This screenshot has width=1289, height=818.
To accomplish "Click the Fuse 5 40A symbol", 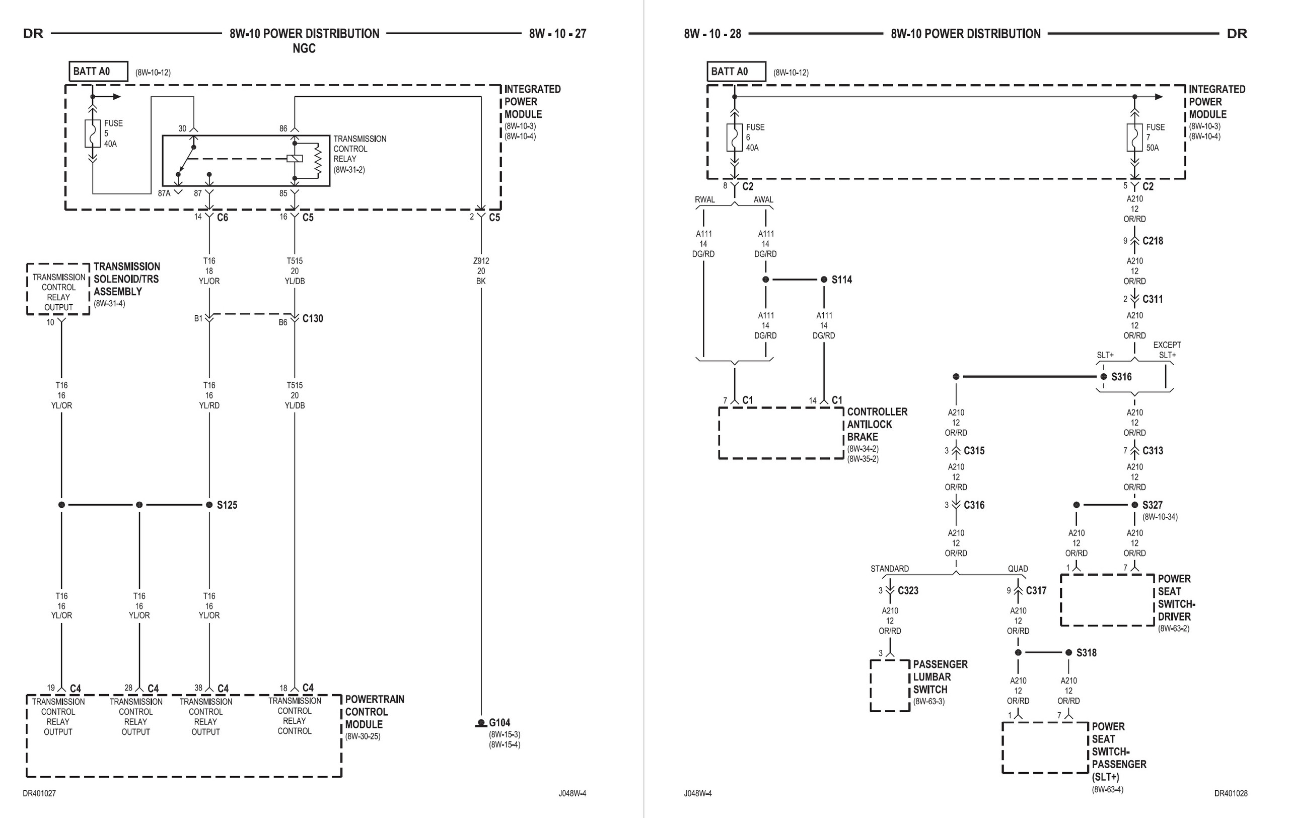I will pos(93,134).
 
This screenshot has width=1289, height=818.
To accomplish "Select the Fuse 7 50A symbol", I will pos(1134,138).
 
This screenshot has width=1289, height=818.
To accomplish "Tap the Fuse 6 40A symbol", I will pos(735,138).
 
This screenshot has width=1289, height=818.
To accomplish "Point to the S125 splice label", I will pos(227,505).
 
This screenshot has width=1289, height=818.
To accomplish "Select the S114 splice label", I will pos(841,280).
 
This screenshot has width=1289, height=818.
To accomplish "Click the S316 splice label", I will pos(1121,377).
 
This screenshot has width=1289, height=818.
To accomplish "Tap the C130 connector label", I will pos(313,318).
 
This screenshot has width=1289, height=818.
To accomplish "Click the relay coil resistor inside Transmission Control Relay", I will pos(317,159).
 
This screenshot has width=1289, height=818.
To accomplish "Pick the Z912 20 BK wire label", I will pos(481,271).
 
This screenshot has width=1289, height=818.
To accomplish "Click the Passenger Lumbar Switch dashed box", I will pos(890,685).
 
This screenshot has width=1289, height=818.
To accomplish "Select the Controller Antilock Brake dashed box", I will pos(780,433).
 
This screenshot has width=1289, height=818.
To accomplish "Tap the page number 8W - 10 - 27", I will pos(557,34).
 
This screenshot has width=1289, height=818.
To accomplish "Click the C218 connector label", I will pos(1153,241).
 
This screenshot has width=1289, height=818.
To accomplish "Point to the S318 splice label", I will pos(1086,653).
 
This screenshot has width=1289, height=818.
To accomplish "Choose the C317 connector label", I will pos(1036,590).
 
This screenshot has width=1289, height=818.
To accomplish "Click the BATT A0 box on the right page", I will pos(736,71).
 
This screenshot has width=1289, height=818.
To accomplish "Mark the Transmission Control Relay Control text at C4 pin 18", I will pos(295,716).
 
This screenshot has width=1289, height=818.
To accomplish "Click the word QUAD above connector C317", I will pos(1018,569).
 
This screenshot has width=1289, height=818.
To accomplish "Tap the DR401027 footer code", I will pos(39,793).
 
